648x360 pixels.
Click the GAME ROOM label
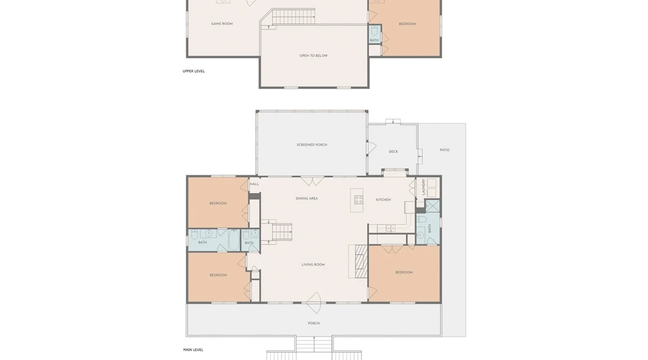click(222, 24)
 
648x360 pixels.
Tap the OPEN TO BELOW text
click(314, 56)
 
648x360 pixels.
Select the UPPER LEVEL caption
click(194, 71)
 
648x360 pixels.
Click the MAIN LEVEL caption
click(193, 350)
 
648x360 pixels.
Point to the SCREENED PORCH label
click(312, 145)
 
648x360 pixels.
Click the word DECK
click(393, 152)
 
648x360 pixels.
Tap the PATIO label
click(445, 150)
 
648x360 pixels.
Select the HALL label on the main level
click(255, 184)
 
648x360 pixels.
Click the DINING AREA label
click(307, 198)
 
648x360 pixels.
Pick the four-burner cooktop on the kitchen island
click(359, 200)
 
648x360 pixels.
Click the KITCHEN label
click(383, 200)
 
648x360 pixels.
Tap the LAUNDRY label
click(423, 187)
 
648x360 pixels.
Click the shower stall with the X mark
click(432, 206)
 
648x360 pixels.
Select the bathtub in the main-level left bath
click(234, 240)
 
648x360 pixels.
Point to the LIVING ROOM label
click(313, 265)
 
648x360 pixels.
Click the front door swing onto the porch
click(314, 303)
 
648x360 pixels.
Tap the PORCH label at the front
click(314, 323)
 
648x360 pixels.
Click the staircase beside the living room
click(282, 232)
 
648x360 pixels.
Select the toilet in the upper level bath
click(374, 30)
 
